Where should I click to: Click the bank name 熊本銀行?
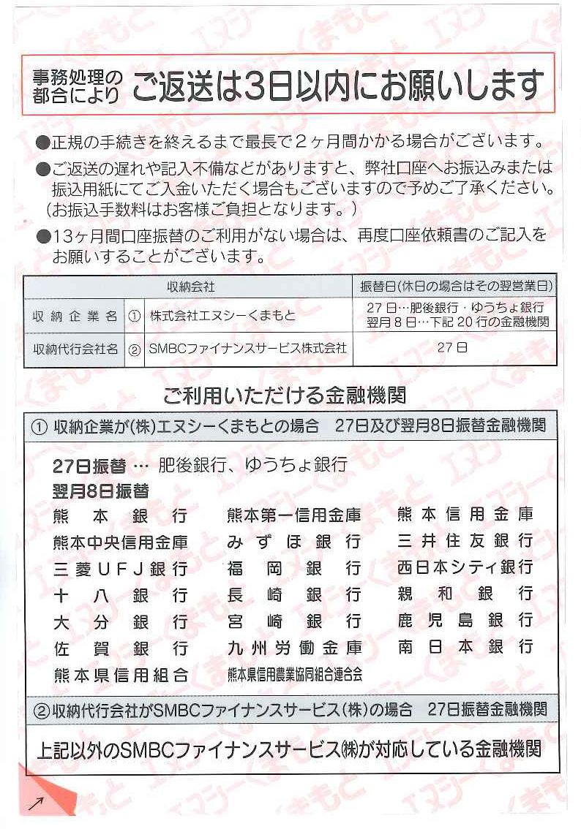click(x=120, y=516)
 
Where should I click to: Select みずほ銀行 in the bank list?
click(x=293, y=542)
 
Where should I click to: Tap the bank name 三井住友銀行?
click(x=465, y=541)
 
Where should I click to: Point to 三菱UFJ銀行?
click(x=120, y=568)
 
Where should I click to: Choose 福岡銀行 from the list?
click(x=293, y=568)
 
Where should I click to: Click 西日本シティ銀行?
click(x=465, y=567)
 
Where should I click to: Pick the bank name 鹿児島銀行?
click(x=465, y=621)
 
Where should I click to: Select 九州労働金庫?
click(x=293, y=647)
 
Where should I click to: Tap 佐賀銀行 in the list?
click(x=120, y=648)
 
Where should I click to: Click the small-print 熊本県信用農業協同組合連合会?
click(x=294, y=674)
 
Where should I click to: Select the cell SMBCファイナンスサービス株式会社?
click(x=247, y=349)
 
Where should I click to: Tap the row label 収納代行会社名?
click(x=75, y=349)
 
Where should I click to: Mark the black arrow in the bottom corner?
click(x=35, y=804)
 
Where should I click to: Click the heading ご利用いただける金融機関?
click(x=285, y=396)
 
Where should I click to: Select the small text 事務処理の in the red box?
click(x=78, y=77)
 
